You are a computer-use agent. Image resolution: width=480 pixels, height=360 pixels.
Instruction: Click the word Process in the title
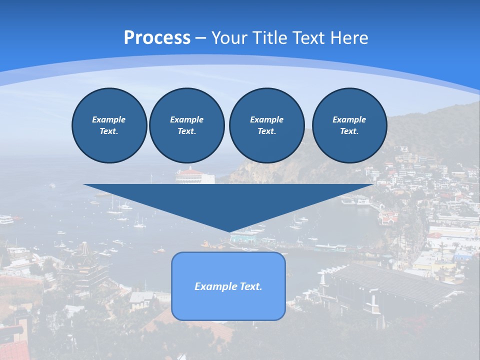pos(157,38)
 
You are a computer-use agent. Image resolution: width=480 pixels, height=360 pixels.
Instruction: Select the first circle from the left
pos(109,125)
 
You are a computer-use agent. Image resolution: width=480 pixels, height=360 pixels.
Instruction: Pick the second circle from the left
pos(186,125)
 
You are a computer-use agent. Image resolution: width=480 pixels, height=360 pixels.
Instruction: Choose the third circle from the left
pos(266,125)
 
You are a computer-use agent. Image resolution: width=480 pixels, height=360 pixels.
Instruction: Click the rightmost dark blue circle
pos(349,125)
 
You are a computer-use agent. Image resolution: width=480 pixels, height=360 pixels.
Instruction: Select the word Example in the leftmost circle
pos(109,119)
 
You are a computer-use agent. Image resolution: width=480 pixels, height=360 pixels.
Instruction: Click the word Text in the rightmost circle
pos(349,131)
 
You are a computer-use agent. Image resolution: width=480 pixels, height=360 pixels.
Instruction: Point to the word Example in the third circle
pos(266,119)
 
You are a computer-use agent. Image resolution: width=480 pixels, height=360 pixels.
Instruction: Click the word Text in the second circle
pos(186,131)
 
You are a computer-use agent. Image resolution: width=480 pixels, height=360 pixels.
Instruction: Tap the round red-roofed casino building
pos(194,175)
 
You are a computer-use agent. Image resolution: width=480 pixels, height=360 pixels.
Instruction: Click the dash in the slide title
pos(200,38)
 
